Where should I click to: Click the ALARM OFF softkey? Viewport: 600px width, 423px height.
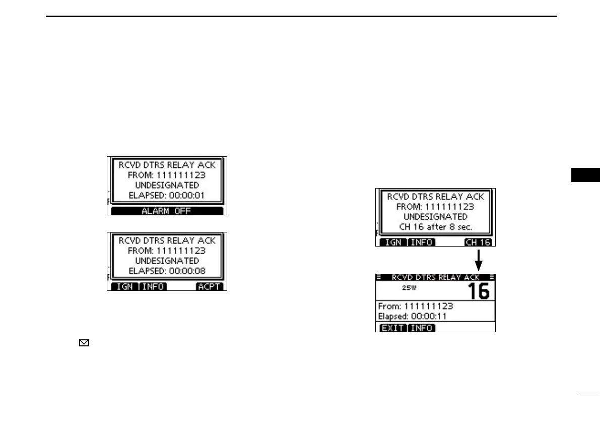pyautogui.click(x=167, y=211)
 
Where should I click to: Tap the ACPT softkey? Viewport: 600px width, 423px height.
pyautogui.click(x=210, y=286)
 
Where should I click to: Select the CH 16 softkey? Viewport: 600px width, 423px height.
pyautogui.click(x=478, y=242)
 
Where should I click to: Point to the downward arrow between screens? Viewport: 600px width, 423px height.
pyautogui.click(x=479, y=259)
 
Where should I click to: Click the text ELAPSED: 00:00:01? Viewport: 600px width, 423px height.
pyautogui.click(x=167, y=195)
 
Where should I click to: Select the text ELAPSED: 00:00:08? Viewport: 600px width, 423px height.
pyautogui.click(x=167, y=271)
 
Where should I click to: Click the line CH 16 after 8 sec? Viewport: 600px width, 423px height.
pyautogui.click(x=435, y=227)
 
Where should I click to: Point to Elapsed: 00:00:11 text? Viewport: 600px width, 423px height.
pyautogui.click(x=411, y=316)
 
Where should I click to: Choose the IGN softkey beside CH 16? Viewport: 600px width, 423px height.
pyautogui.click(x=392, y=242)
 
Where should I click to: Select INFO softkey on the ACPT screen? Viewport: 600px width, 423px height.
pyautogui.click(x=153, y=286)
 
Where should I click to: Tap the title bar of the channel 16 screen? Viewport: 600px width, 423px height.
pyautogui.click(x=435, y=277)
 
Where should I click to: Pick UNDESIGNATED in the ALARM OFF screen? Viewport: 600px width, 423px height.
pyautogui.click(x=167, y=185)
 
